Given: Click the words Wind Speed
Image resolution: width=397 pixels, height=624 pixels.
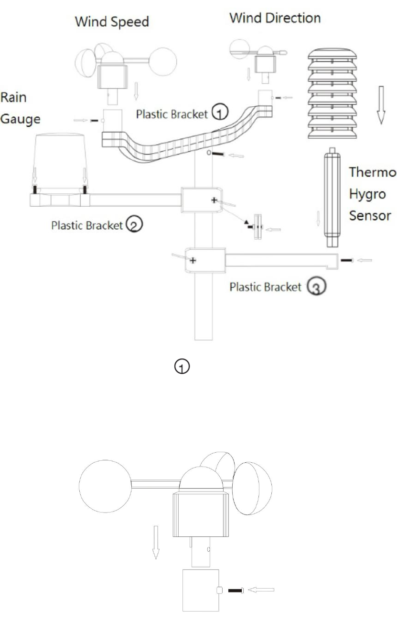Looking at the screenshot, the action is (112, 22).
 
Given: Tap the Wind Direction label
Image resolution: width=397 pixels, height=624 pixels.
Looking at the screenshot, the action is (275, 18).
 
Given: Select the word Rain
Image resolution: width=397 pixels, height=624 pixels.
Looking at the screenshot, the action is (13, 98).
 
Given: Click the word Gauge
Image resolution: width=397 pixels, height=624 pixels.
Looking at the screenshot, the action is (20, 120).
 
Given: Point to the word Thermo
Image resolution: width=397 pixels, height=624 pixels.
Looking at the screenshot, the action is (373, 172).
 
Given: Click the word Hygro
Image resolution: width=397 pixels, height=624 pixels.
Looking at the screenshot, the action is (367, 194).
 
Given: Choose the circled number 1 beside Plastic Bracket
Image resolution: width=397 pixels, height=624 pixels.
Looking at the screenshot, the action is (220, 111).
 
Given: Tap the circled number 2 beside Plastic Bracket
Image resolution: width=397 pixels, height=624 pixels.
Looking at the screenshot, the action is (134, 224).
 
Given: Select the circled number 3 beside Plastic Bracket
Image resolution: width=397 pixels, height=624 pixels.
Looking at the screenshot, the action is (317, 286).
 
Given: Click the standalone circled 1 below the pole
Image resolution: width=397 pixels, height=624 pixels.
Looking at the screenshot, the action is (182, 367).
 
